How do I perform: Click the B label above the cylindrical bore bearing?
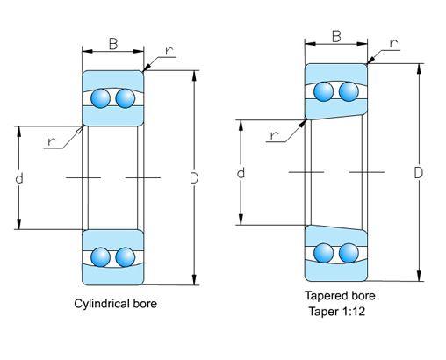coord(112,43)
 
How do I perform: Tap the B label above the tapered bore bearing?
coord(336,36)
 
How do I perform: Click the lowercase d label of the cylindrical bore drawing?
coord(18,178)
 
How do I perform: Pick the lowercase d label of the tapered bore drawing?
coord(240,173)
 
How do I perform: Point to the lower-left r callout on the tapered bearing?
coord(275,134)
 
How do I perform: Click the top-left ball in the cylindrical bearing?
coord(103,97)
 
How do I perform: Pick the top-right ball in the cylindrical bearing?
coord(126,97)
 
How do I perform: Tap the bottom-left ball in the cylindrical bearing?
coord(103,257)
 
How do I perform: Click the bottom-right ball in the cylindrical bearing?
coord(126,257)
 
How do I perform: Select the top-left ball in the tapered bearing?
coord(326,91)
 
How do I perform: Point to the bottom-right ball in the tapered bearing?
coord(349,252)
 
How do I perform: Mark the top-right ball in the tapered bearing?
coord(349,91)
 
